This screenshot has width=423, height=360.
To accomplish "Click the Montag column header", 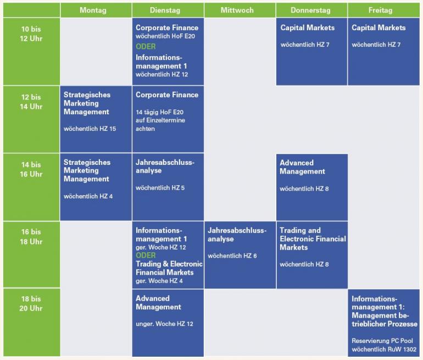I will tap(93, 10).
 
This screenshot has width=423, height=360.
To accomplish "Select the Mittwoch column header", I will tap(237, 10).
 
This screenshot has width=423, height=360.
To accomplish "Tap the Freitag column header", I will tap(382, 10).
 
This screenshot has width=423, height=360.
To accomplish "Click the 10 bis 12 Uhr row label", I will tap(31, 34).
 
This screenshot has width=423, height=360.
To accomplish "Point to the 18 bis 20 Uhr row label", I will tap(31, 303).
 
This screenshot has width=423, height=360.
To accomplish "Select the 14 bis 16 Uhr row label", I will tap(31, 169).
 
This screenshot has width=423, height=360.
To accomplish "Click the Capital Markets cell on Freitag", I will tap(383, 52).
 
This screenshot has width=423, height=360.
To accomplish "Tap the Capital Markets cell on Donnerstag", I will tap(311, 52).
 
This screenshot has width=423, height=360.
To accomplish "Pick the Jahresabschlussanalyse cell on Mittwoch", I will tap(240, 254).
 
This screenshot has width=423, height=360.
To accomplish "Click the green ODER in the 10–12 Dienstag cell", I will tap(146, 47).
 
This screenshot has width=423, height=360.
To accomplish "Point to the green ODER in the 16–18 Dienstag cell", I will tap(146, 256).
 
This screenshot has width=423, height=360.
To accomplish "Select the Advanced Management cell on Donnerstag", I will tap(311, 187).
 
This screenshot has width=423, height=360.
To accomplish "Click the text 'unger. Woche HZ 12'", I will tap(164, 324).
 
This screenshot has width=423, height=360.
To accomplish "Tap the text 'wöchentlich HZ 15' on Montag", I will tap(90, 129).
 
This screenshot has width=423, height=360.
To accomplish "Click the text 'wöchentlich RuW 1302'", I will tap(384, 349).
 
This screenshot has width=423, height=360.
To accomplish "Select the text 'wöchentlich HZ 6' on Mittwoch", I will tap(232, 256).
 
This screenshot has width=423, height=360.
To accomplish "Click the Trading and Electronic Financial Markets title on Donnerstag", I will tap(312, 239).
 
